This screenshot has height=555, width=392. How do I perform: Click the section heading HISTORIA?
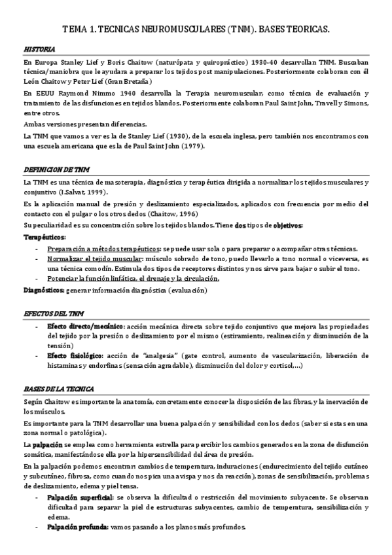click(39, 50)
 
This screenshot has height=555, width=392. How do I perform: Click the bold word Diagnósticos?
click(43, 289)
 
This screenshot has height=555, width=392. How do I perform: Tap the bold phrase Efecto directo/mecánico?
click(86, 325)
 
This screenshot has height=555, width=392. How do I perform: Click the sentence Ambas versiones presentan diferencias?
click(84, 124)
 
